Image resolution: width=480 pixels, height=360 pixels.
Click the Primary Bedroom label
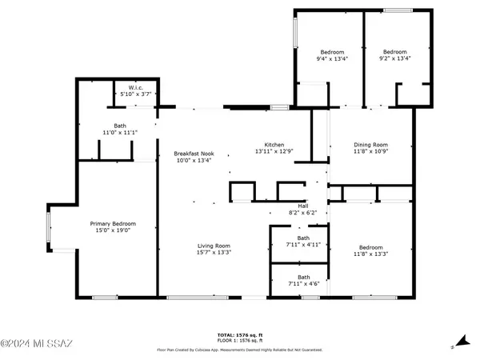pyautogui.click(x=112, y=224)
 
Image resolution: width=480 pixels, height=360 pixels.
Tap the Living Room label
pyautogui.click(x=214, y=246)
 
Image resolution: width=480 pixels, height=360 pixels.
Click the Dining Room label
pyautogui.click(x=371, y=145)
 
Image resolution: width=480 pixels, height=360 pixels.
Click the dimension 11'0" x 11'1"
pyautogui.click(x=120, y=132)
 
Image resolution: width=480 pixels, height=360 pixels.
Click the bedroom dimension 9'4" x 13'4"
pyautogui.click(x=332, y=58)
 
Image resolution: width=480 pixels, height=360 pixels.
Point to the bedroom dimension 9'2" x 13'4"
pyautogui.click(x=394, y=58)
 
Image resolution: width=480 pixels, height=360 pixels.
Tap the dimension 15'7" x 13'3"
pyautogui.click(x=214, y=252)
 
